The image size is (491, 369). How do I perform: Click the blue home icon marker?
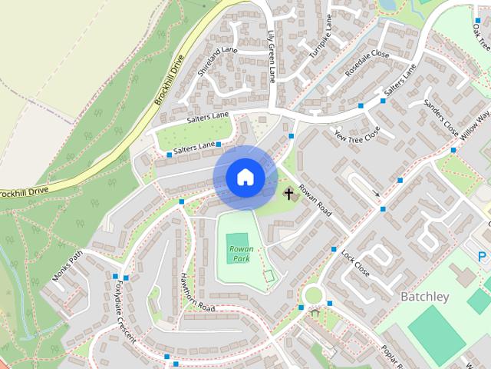(x=245, y=178)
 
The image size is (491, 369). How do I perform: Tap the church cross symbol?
(x=290, y=194)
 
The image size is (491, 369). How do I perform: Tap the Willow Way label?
(x=475, y=124)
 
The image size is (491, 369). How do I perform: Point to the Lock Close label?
(x=355, y=263)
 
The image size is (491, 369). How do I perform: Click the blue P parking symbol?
(x=483, y=257)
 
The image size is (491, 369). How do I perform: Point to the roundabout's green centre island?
(x=314, y=295)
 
